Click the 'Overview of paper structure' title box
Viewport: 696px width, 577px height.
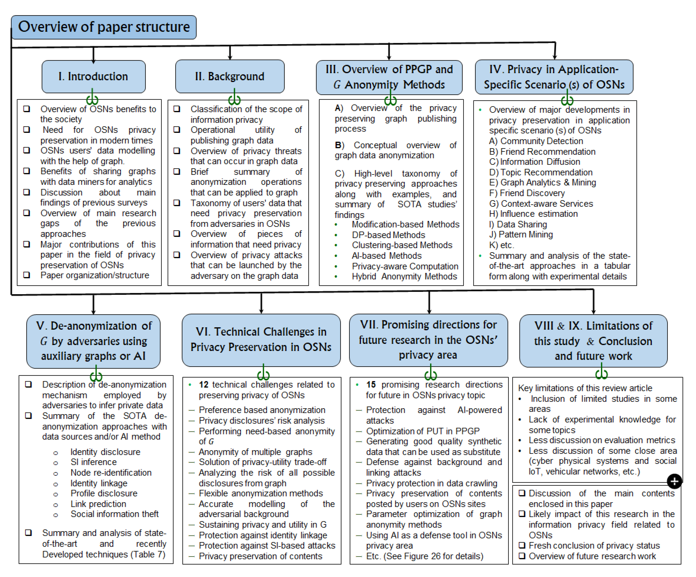[103, 27]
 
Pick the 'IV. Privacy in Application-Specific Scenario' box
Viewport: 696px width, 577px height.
[554, 77]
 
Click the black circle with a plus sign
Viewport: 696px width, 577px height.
[674, 481]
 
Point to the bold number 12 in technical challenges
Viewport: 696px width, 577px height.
[204, 385]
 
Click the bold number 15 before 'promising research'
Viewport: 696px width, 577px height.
[371, 385]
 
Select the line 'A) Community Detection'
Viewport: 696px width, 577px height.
[536, 141]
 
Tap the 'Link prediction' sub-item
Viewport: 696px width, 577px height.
[98, 504]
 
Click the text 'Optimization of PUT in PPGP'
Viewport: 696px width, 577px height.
[423, 431]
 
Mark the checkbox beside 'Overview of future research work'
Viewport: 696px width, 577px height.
[522, 556]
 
